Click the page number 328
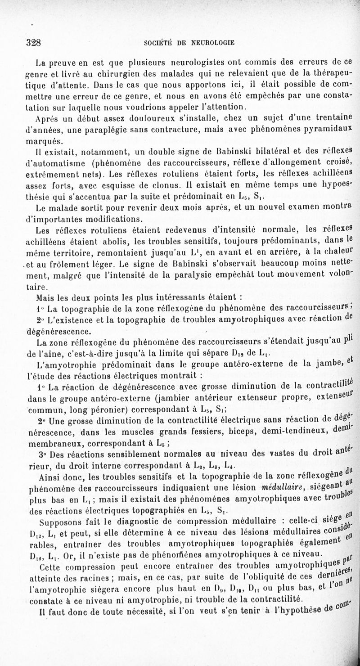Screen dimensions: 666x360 (34, 44)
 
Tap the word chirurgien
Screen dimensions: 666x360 (100, 72)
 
